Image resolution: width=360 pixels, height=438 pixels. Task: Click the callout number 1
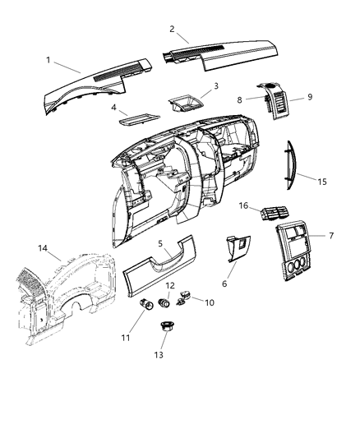pos(48,60)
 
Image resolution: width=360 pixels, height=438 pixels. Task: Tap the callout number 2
pos(172,29)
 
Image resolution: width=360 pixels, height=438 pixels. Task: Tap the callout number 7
pos(331,236)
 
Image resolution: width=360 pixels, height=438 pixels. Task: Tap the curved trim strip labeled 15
pos(288,168)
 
